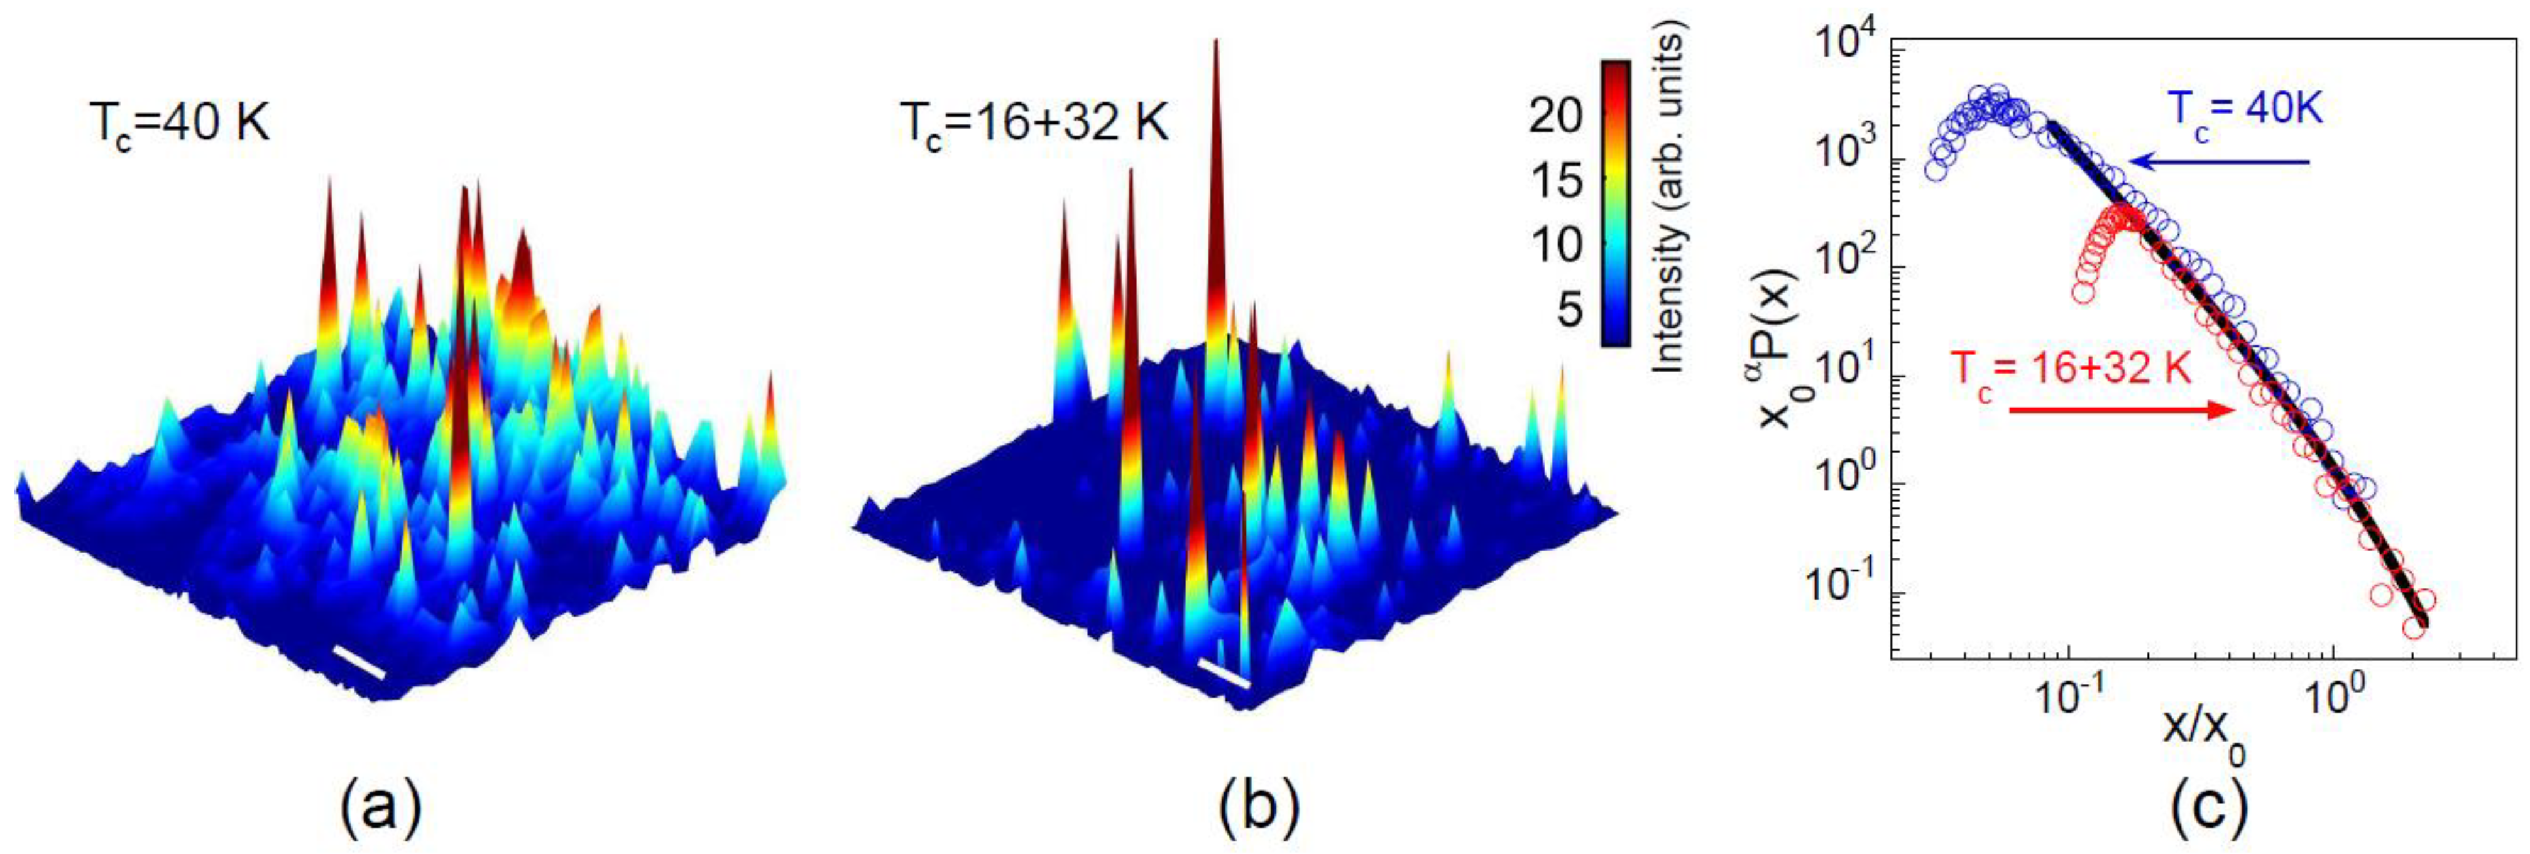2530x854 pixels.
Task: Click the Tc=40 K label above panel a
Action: tap(175, 126)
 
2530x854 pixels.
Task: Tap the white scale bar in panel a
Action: tap(358, 662)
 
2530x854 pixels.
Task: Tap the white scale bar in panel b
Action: tap(1224, 673)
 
